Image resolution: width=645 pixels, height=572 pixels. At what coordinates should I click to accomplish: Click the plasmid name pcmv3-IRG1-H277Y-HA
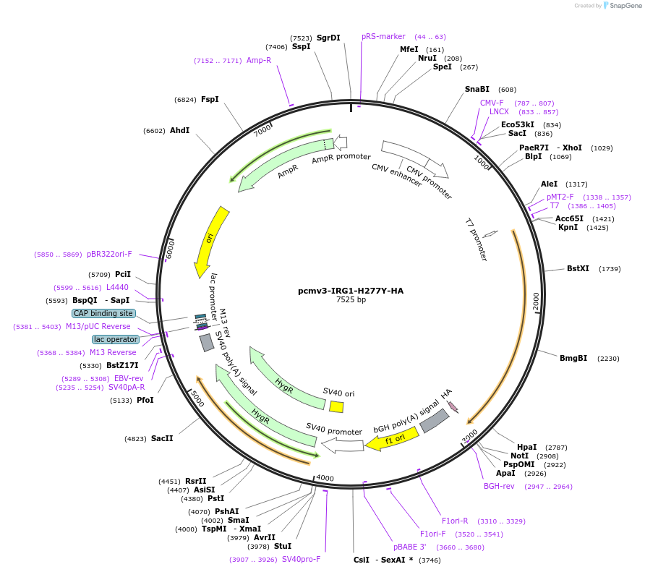pyautogui.click(x=351, y=291)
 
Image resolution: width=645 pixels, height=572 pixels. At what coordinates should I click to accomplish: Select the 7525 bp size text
pyautogui.click(x=351, y=300)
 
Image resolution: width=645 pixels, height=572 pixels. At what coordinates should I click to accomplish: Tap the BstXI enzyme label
pyautogui.click(x=578, y=269)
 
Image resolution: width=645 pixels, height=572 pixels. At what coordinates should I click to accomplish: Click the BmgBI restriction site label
pyautogui.click(x=573, y=359)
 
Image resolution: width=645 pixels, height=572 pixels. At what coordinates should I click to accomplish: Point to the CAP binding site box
pyautogui.click(x=103, y=314)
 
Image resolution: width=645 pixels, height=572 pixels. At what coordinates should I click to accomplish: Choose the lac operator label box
pyautogui.click(x=115, y=339)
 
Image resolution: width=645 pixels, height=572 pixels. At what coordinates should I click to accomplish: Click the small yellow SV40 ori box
pyautogui.click(x=336, y=406)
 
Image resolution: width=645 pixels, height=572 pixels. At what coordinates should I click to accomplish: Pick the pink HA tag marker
pyautogui.click(x=453, y=407)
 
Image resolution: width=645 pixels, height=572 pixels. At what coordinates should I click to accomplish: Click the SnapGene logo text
pyautogui.click(x=623, y=6)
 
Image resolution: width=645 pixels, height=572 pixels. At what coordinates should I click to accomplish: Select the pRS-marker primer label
pyautogui.click(x=383, y=37)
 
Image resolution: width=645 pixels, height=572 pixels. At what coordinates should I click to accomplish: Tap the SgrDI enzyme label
pyautogui.click(x=328, y=38)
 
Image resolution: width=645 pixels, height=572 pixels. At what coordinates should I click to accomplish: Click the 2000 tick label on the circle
pyautogui.click(x=536, y=302)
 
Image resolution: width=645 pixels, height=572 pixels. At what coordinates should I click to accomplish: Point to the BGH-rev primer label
pyautogui.click(x=499, y=486)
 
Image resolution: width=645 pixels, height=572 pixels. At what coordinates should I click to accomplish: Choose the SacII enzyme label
pyautogui.click(x=162, y=439)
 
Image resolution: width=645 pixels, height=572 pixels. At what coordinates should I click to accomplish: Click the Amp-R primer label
pyautogui.click(x=258, y=61)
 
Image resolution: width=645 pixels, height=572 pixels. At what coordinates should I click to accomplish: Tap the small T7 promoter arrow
pyautogui.click(x=490, y=234)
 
